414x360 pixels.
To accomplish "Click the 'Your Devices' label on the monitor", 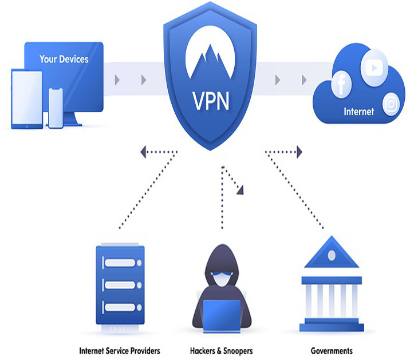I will pyautogui.click(x=64, y=58).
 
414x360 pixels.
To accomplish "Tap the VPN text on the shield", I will pyautogui.click(x=210, y=102).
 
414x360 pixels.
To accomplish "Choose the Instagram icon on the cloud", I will pyautogui.click(x=391, y=104).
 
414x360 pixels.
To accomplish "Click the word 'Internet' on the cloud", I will pyautogui.click(x=358, y=112).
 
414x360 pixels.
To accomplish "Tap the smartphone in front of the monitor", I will pyautogui.click(x=56, y=108).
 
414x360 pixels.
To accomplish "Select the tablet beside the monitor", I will pyautogui.click(x=26, y=98).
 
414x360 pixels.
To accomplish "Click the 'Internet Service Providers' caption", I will pyautogui.click(x=119, y=350).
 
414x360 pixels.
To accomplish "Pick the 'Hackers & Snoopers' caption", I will pyautogui.click(x=220, y=350).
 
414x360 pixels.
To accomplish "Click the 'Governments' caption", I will pyautogui.click(x=332, y=350).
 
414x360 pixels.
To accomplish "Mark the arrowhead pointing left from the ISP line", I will pyautogui.click(x=144, y=152).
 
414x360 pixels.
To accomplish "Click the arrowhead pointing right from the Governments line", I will pyautogui.click(x=299, y=152).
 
